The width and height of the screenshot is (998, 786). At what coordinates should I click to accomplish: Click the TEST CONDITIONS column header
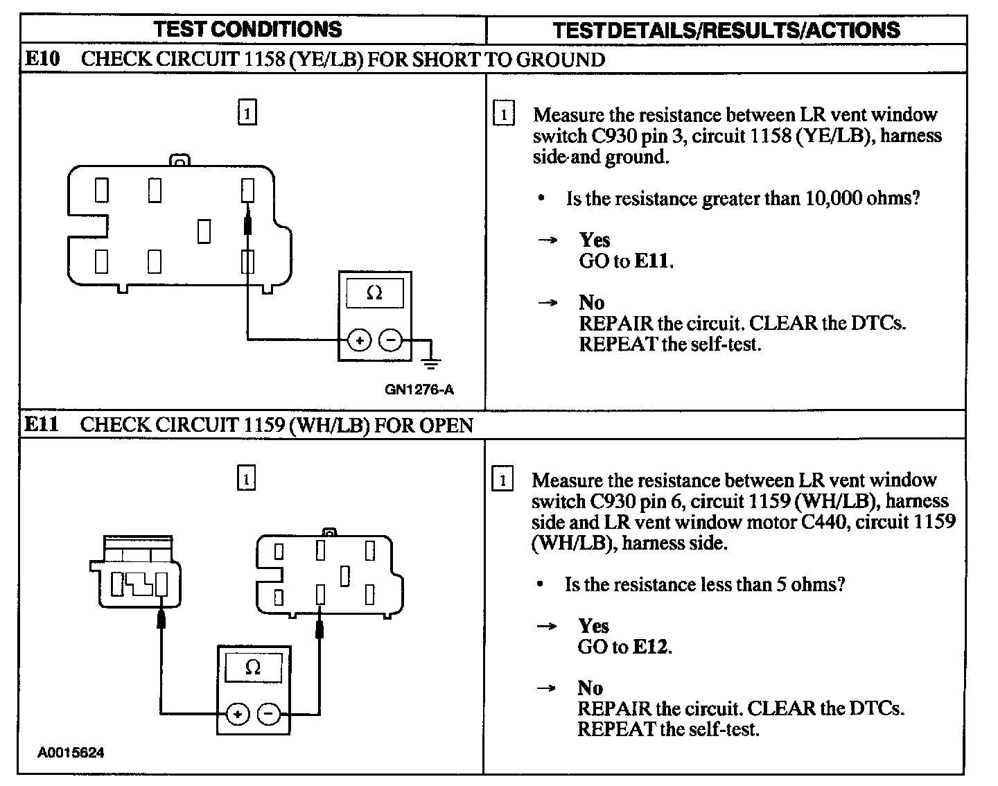247,29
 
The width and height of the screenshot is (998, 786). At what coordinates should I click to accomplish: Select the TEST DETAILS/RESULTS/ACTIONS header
726,30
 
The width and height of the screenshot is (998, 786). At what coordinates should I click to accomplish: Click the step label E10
42,59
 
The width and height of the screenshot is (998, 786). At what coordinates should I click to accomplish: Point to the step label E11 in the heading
42,424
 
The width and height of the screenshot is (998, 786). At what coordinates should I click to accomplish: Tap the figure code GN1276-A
419,390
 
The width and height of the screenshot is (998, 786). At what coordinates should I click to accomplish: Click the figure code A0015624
71,753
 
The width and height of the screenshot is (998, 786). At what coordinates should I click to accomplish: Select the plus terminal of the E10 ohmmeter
359,340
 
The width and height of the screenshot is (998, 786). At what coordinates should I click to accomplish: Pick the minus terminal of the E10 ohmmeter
391,340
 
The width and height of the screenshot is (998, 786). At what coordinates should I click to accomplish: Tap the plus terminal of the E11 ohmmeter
237,714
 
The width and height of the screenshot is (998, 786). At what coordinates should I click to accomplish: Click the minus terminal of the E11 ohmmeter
270,714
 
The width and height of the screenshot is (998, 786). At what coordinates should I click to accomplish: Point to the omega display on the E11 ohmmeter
253,668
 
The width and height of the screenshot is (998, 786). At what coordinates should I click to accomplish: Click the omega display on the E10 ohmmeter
374,293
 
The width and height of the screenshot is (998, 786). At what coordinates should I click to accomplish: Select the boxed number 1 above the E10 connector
247,112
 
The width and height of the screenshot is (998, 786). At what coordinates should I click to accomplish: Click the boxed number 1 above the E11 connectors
247,478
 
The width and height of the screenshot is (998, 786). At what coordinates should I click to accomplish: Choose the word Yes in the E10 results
595,240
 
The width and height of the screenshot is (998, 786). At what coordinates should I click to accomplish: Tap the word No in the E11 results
590,688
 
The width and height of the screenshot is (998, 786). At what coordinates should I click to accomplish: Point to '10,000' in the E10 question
830,198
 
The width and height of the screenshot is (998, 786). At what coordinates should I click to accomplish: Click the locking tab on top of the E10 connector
180,161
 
